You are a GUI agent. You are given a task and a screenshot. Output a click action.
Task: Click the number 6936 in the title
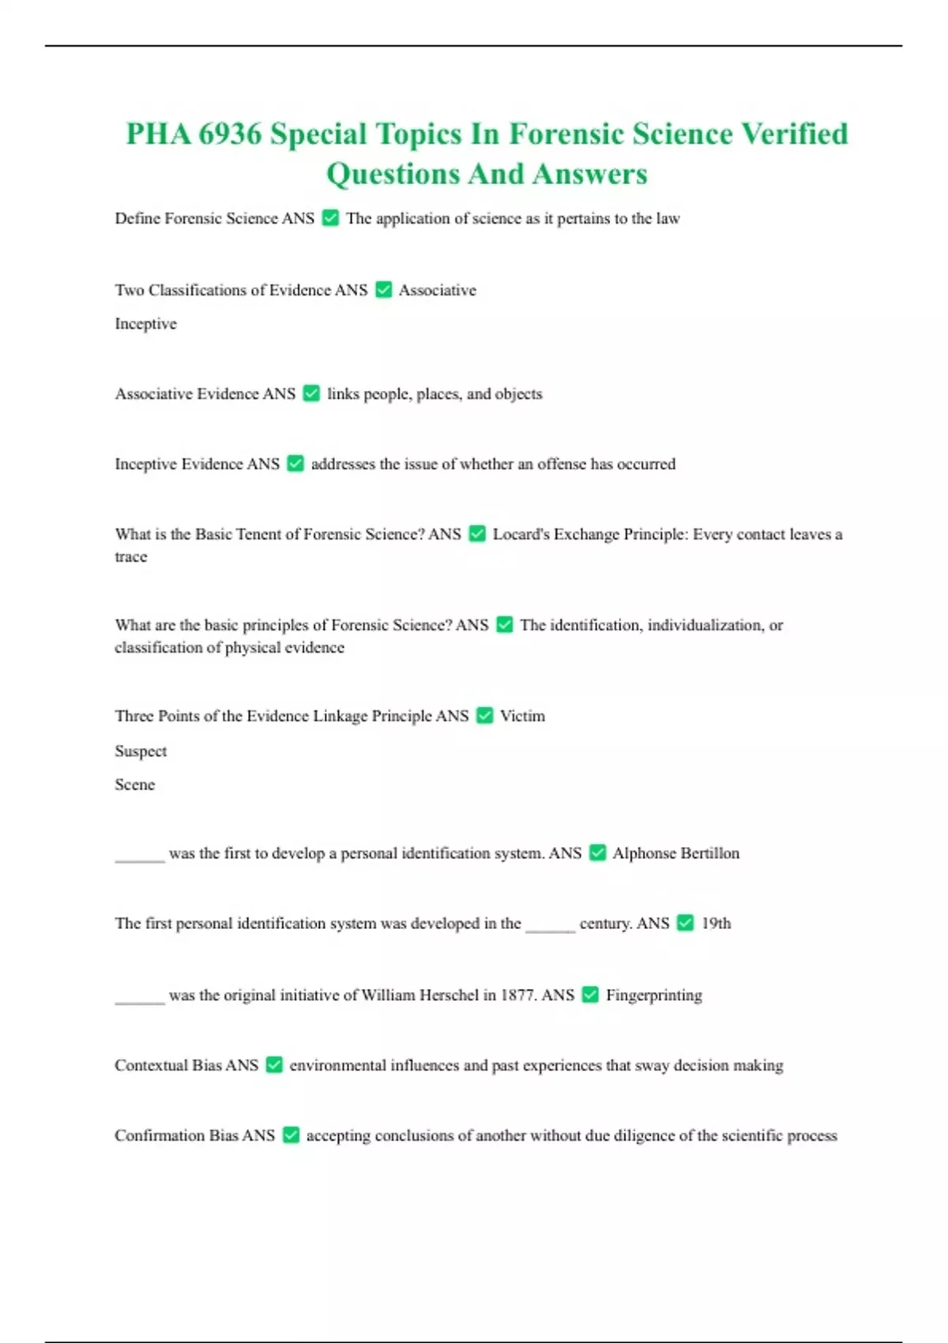[229, 134]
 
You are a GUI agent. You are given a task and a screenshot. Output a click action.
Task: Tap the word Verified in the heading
[794, 134]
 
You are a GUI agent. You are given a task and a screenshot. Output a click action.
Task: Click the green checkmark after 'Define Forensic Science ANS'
[331, 218]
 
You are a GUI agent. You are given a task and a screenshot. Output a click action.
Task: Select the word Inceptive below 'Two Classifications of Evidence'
[145, 324]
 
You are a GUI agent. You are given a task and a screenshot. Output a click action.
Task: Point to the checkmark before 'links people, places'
[312, 393]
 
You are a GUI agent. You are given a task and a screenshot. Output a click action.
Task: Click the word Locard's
[521, 535]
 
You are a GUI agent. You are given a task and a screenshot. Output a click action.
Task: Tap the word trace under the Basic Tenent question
[130, 557]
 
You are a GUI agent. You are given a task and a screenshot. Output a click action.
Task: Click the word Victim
[522, 717]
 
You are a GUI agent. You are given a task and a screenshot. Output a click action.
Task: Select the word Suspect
[141, 751]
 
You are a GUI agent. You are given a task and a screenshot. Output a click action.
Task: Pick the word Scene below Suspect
[134, 784]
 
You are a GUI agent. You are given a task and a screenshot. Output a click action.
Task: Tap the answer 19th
[716, 924]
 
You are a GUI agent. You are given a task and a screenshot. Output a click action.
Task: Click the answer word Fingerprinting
[653, 995]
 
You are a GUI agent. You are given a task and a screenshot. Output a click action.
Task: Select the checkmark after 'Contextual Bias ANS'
[274, 1065]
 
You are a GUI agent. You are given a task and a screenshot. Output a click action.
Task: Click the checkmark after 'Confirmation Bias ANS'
[291, 1135]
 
